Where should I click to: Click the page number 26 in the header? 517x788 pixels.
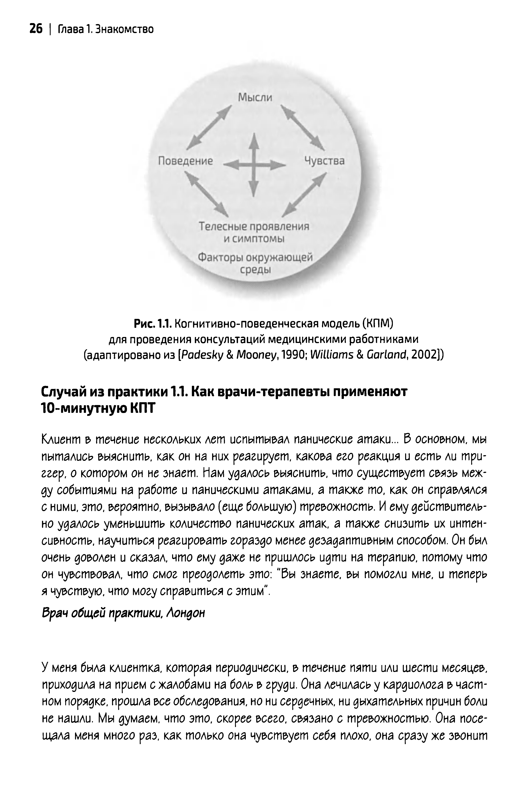(x=36, y=30)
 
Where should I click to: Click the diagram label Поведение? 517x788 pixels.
(x=185, y=161)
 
